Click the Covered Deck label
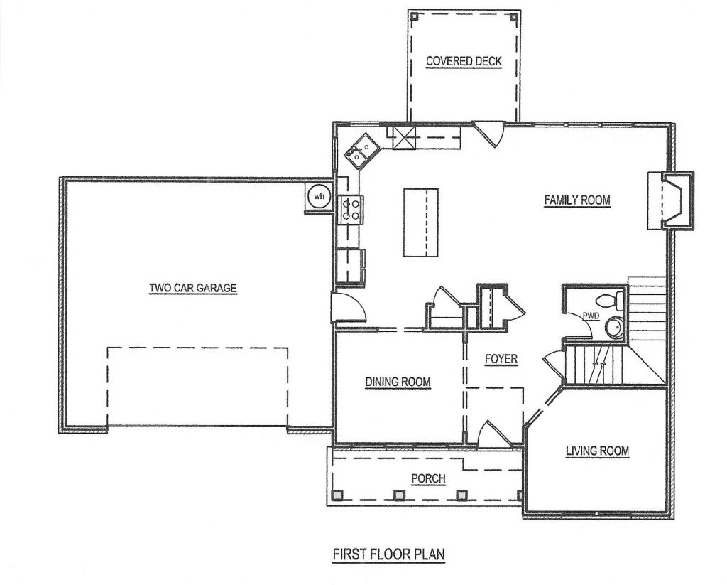click(464, 61)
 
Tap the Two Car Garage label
click(193, 288)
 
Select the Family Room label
click(577, 200)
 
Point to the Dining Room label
click(398, 382)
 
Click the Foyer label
click(501, 359)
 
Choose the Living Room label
click(597, 451)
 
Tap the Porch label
click(428, 478)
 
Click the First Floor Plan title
click(388, 554)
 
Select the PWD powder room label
click(591, 316)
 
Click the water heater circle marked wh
click(319, 196)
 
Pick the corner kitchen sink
click(362, 151)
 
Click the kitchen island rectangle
click(420, 222)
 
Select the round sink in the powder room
click(615, 327)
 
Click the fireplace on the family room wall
click(670, 200)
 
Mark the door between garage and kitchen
click(349, 306)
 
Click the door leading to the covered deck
click(488, 134)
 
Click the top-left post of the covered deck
click(415, 16)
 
